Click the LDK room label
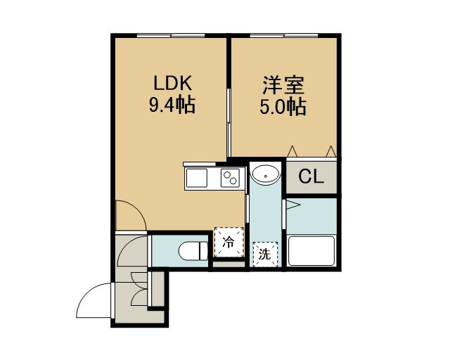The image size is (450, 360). click(172, 84)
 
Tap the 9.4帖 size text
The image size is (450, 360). click(172, 105)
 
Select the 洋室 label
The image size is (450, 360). click(283, 85)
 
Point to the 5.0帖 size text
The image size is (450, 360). click(283, 107)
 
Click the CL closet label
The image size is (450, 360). click(311, 176)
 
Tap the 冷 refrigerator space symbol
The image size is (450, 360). click(229, 243)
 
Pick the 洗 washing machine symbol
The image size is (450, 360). click(265, 255)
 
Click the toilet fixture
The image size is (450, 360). click(193, 250)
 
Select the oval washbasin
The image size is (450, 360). click(266, 174)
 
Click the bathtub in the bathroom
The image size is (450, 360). click(311, 251)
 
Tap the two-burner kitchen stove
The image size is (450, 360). click(230, 178)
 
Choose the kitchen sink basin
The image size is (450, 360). click(197, 178)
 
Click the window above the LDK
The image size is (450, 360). click(171, 36)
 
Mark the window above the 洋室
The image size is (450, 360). click(284, 36)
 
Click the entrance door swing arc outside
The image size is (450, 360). click(86, 296)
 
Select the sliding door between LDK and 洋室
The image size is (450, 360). click(229, 122)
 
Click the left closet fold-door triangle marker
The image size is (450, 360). click(292, 151)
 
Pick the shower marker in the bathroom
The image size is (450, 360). click(293, 205)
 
